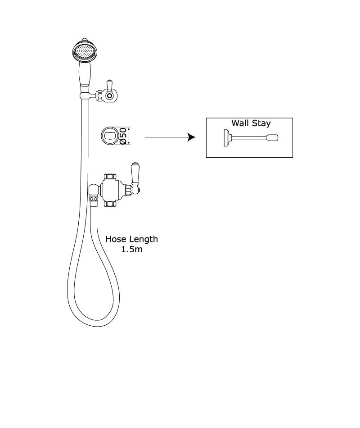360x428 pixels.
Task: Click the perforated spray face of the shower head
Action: pos(85,52)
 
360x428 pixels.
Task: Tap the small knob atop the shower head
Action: pos(85,39)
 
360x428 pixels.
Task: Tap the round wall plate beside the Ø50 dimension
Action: pos(110,136)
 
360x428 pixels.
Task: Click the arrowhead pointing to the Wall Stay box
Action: pos(192,137)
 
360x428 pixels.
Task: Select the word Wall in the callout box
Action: pos(240,123)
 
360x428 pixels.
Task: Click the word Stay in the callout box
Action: pos(261,123)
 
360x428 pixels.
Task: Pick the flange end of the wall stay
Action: pos(226,137)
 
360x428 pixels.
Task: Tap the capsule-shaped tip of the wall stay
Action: pos(272,137)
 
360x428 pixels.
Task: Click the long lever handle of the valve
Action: pos(134,175)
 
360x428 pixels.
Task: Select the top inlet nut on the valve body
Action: pos(110,176)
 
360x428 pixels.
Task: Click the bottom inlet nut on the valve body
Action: pos(110,204)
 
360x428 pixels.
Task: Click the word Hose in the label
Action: pos(116,239)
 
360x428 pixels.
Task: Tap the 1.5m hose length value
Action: pos(132,250)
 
